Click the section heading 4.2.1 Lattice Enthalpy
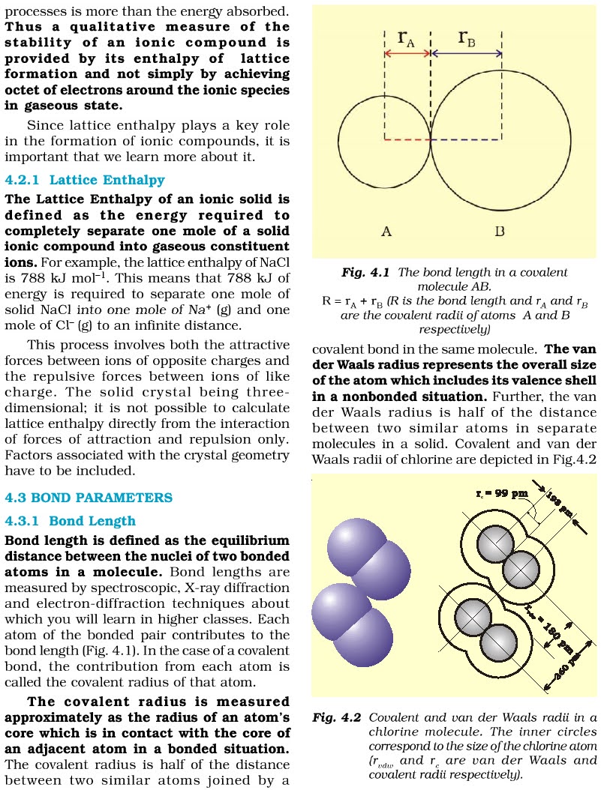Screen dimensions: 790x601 pos(85,181)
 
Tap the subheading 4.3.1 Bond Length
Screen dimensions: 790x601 pos(71,521)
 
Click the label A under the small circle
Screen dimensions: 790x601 pos(386,232)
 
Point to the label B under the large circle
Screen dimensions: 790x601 pos(500,232)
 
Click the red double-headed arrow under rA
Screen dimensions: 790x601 pos(408,54)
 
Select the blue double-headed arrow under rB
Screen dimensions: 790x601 pos(467,54)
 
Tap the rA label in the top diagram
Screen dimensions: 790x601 pos(406,37)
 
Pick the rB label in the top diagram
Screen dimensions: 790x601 pos(467,37)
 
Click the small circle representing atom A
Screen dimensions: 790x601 pos(384,139)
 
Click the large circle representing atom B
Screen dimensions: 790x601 pos(501,139)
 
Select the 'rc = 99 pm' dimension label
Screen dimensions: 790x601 pos(502,495)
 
